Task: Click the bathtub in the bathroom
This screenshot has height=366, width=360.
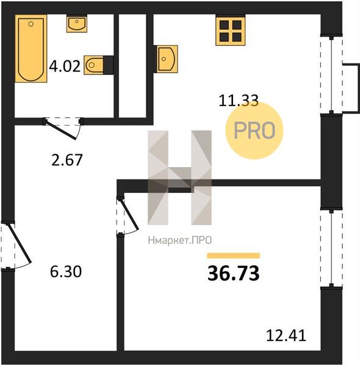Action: click(x=31, y=49)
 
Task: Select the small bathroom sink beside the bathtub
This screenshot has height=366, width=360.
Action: click(x=77, y=24)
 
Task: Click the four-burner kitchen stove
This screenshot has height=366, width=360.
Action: click(x=231, y=30)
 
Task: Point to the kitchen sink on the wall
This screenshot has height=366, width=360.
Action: click(x=166, y=59)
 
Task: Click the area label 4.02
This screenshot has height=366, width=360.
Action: click(x=65, y=66)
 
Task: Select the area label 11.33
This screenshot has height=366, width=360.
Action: click(x=239, y=101)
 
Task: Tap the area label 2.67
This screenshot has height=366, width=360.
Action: click(x=67, y=160)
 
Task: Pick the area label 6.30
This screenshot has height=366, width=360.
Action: click(x=66, y=271)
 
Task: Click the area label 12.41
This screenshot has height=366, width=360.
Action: click(x=286, y=335)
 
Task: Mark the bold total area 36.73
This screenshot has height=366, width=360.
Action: click(x=233, y=273)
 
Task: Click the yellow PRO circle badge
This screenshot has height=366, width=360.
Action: click(x=254, y=131)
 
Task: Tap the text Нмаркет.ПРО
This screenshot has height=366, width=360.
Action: click(x=180, y=240)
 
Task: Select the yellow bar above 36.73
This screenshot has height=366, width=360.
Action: click(x=233, y=256)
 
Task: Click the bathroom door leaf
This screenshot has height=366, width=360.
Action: click(x=60, y=130)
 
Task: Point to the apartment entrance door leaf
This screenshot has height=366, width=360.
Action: click(x=20, y=243)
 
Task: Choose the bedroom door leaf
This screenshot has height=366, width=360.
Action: click(x=129, y=213)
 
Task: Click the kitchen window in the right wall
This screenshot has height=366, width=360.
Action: click(x=331, y=74)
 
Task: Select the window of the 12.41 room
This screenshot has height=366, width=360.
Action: click(x=331, y=248)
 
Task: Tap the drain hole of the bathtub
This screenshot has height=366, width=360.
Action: click(x=31, y=24)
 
